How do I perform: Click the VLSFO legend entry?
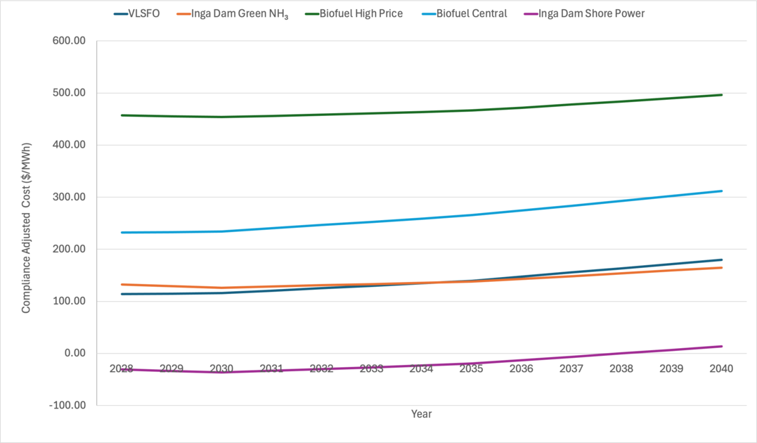(x=136, y=13)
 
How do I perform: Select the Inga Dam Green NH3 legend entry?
(x=233, y=14)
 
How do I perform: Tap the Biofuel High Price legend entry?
(x=354, y=13)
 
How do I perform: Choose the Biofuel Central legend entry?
(x=465, y=13)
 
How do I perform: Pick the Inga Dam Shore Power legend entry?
(x=584, y=13)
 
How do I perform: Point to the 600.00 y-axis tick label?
(x=69, y=41)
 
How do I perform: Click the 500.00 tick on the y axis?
(x=69, y=93)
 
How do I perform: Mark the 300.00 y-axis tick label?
(x=69, y=197)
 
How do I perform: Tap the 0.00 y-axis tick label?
(x=75, y=353)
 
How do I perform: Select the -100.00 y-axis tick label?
(x=67, y=405)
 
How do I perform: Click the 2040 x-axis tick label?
(x=721, y=368)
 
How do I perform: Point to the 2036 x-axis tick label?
(x=522, y=368)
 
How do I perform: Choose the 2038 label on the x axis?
(x=621, y=368)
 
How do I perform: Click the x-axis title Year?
(x=422, y=414)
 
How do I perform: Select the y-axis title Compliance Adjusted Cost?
(x=26, y=228)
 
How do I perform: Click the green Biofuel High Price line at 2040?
(x=722, y=95)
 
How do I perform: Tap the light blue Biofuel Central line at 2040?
(x=722, y=191)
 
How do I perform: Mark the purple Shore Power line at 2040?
(x=722, y=347)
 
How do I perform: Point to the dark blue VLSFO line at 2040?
(x=722, y=260)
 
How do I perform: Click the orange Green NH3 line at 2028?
(x=122, y=285)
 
